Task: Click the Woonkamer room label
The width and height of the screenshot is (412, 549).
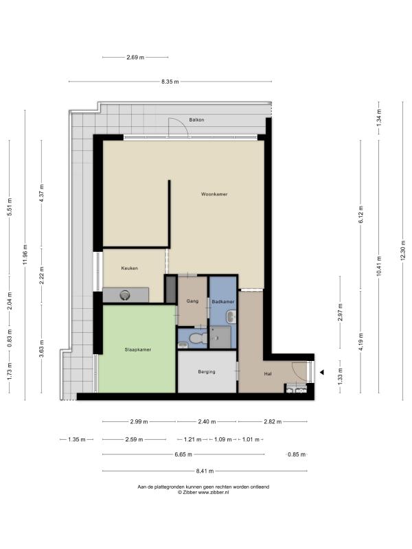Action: pos(214,194)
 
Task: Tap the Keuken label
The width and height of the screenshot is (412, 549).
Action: pos(129,268)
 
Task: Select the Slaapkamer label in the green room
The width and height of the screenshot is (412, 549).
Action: pos(138,349)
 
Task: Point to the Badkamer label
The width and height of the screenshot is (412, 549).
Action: pos(222,301)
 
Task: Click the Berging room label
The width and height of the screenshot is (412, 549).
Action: pos(207,372)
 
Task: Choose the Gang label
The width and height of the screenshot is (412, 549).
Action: pos(192,301)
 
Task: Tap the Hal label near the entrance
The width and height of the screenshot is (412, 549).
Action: pos(268,374)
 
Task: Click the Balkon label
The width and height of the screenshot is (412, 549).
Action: pos(196,119)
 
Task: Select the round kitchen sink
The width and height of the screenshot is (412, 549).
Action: pos(124,295)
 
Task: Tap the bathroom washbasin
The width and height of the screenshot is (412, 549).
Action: pos(231,317)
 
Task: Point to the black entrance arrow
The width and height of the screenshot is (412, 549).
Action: pos(321,372)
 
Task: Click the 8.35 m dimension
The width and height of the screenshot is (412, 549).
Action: pos(170,82)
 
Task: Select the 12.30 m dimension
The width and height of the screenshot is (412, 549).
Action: pos(403,250)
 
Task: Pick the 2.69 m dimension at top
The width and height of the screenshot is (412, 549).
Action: pos(135,57)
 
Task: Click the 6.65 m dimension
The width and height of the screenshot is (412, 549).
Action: pos(183,454)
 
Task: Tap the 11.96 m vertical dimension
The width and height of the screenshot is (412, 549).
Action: pos(25,255)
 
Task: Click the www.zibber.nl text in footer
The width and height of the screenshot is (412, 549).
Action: pos(214,492)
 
